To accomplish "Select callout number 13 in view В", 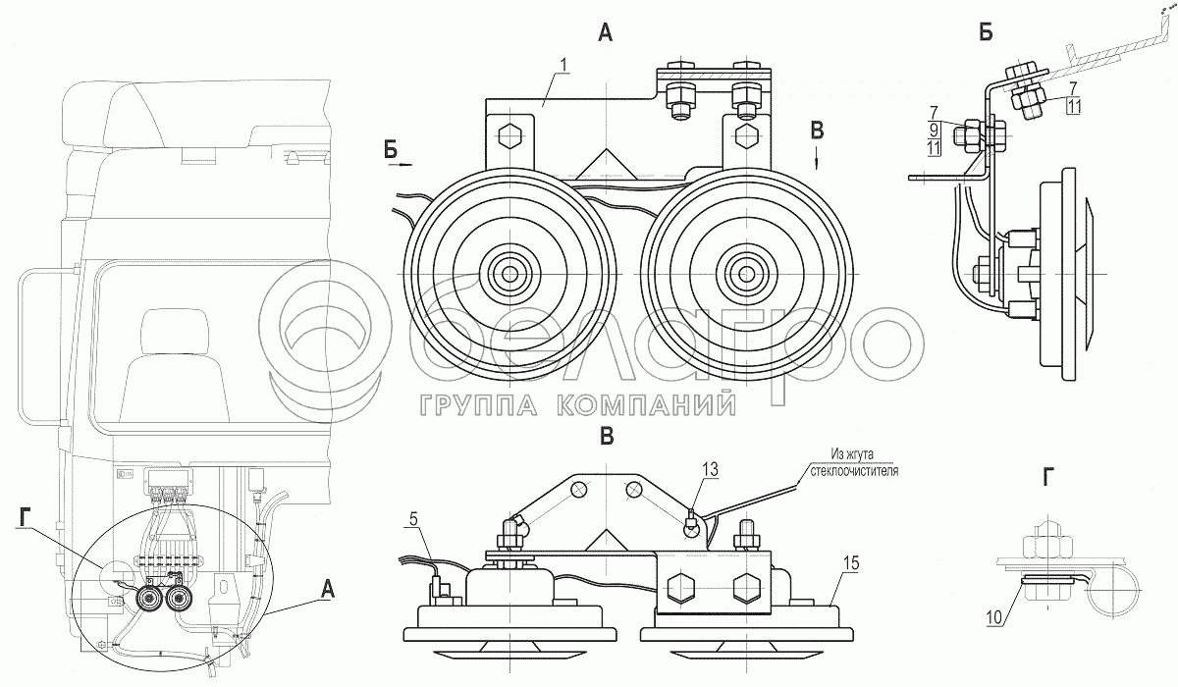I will [x=708, y=471].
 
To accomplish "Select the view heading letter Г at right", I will [x=1049, y=478].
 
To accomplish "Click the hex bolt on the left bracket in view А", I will [x=509, y=134].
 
